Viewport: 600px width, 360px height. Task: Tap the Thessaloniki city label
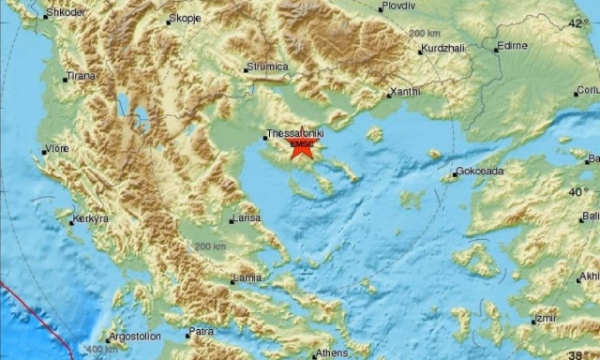pos(295,134)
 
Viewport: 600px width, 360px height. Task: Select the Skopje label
pos(186,19)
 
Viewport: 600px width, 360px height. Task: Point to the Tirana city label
pos(82,77)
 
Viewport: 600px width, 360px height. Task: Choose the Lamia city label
pos(248,277)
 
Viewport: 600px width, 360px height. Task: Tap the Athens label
pos(331,352)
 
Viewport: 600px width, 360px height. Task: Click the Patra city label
pos(202,331)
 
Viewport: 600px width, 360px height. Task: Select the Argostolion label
pos(133,336)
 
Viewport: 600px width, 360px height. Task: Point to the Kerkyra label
pos(91,218)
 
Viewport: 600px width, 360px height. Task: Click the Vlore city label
pos(57,148)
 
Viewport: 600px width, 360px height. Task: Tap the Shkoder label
pos(65,12)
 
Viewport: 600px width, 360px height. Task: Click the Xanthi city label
pos(407,93)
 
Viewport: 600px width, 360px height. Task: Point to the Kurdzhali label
pos(443,49)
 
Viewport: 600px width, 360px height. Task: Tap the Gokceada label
pos(478,172)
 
